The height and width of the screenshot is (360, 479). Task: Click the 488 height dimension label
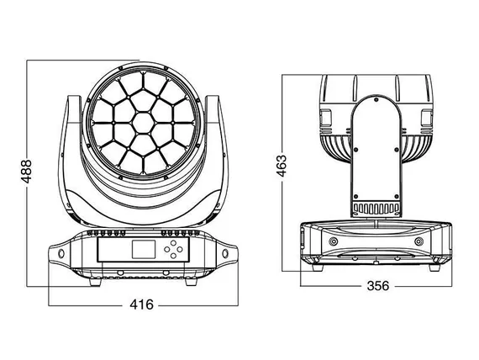click(26, 172)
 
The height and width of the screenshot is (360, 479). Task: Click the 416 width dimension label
click(141, 304)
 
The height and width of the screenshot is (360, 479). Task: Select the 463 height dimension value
click(282, 166)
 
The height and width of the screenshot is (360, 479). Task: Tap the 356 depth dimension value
click(378, 286)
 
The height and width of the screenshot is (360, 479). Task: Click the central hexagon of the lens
click(143, 123)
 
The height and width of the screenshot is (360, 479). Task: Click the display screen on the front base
click(144, 249)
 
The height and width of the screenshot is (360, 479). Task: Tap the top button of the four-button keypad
click(173, 243)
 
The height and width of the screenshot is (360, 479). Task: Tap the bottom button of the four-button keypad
click(173, 256)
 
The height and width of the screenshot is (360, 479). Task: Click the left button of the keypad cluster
click(166, 249)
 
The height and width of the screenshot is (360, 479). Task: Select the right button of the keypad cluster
click(180, 249)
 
